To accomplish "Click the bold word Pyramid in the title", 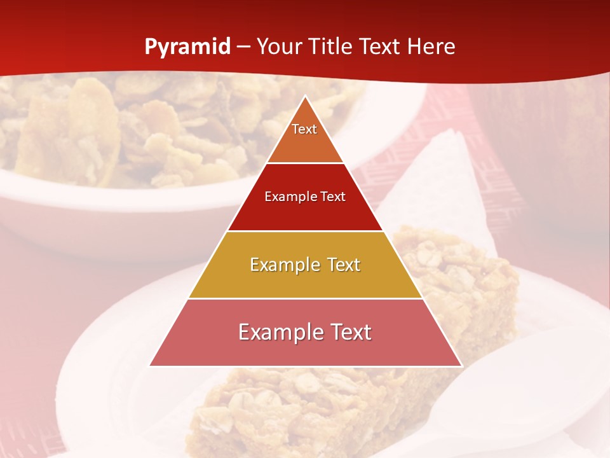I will [187, 47].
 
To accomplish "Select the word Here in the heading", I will [431, 47].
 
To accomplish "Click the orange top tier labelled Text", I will [305, 137].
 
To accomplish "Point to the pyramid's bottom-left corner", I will [151, 365].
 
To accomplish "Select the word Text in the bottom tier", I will [349, 332].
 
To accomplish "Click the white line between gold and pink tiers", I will [305, 298].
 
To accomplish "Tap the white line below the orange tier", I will [305, 163].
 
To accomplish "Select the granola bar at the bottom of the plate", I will [305, 407].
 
